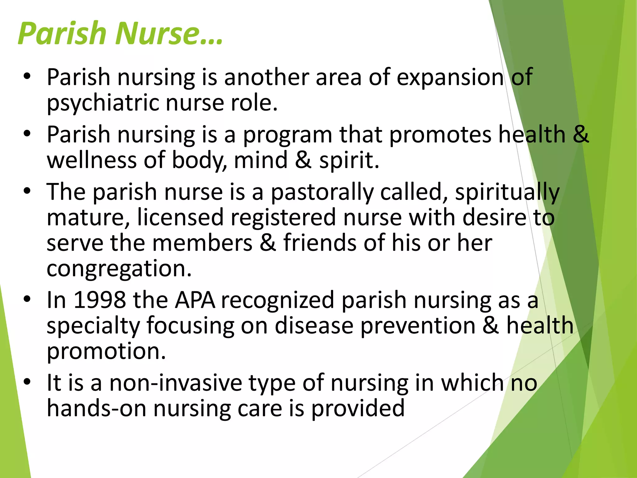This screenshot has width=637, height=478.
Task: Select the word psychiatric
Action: pos(102,103)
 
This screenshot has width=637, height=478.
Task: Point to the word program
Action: pos(287,135)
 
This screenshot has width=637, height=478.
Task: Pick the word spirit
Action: pos(349,160)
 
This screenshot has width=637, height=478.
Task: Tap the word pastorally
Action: pos(322,192)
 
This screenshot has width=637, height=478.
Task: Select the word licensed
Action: pos(180,218)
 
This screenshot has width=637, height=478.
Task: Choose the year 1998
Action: pos(100,301)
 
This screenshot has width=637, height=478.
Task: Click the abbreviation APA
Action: pos(195,301)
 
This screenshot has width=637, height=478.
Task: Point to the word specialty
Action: pos(93,326)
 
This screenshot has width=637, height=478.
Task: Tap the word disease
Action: pos(314,326)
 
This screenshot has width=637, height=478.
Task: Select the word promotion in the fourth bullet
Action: pos(106,352)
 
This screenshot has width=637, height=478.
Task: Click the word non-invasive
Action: pos(176,383)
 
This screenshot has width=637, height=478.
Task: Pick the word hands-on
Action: pos(96,409)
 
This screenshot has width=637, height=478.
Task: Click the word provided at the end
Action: pos(358,409)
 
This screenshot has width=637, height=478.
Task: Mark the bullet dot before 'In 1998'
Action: pos(27,299)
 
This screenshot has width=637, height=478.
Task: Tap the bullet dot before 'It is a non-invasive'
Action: pos(27,382)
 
